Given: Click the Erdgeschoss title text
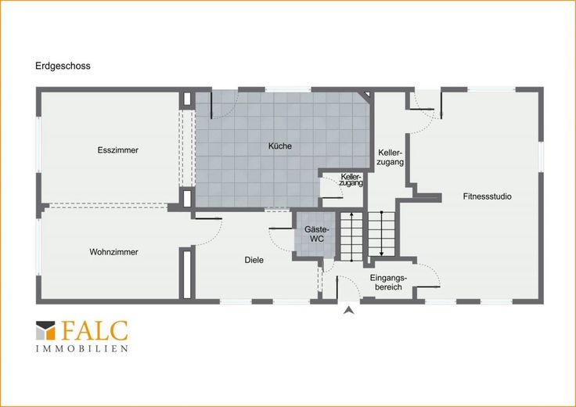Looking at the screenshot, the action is (63, 66).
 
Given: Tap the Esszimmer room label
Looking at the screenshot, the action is (118, 150).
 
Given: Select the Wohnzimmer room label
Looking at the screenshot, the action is (114, 252).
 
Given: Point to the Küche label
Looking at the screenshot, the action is (280, 146).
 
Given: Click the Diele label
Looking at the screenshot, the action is (254, 260).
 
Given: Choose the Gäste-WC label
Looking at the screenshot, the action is (317, 234).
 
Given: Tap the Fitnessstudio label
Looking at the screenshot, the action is (487, 196).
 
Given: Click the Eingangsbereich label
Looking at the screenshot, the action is (388, 283).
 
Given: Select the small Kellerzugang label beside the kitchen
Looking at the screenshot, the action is (351, 180).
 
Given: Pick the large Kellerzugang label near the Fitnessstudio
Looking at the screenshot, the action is (391, 157).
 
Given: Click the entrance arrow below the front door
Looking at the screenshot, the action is (349, 311).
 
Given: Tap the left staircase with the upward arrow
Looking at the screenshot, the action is (351, 236).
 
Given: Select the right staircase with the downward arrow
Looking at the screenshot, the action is (381, 234).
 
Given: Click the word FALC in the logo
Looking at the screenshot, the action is (95, 330).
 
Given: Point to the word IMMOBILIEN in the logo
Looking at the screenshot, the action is (82, 348).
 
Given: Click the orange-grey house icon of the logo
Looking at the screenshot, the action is (45, 330).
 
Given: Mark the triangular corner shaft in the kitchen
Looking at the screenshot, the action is (366, 95).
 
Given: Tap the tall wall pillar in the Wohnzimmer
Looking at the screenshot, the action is (187, 274).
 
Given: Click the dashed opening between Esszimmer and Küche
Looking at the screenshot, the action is (187, 149).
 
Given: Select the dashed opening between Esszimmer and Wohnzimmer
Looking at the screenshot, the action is (108, 206).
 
